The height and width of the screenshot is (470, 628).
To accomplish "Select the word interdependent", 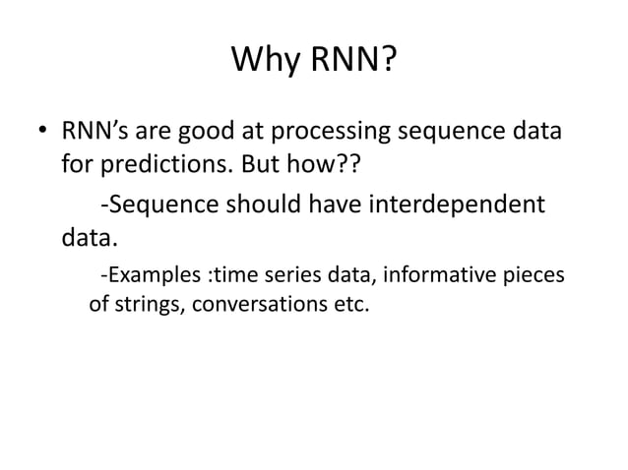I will [456, 206].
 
